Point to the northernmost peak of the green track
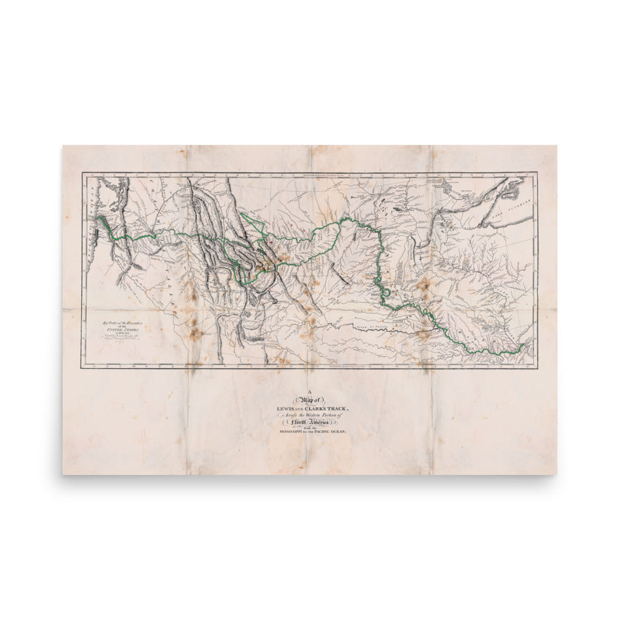(x=343, y=218)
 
